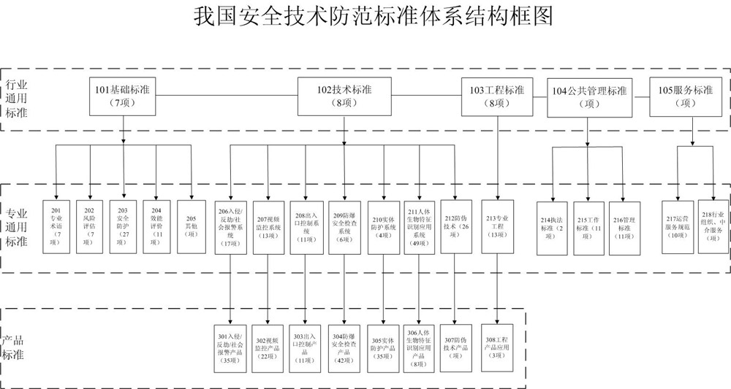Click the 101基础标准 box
pos(122,96)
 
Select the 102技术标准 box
pos(344,96)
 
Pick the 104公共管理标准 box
pos(589,97)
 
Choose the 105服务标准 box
pos(685,96)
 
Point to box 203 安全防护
pos(122,226)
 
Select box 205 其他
pos(191,226)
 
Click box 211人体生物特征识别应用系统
pos(420,226)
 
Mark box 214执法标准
pos(553,227)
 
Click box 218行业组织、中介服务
pos(713,227)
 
